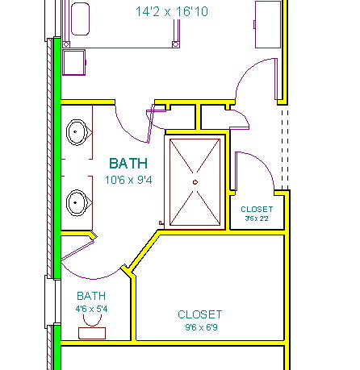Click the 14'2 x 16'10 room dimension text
pyautogui.click(x=172, y=11)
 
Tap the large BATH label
pyautogui.click(x=128, y=164)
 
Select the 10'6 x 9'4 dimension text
pyautogui.click(x=128, y=180)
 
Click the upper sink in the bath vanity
pyautogui.click(x=77, y=132)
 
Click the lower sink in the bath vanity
pyautogui.click(x=77, y=203)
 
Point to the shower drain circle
pyautogui.click(x=195, y=182)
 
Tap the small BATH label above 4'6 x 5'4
pyautogui.click(x=91, y=296)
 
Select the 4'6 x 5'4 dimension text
pyautogui.click(x=91, y=309)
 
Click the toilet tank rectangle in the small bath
pyautogui.click(x=92, y=333)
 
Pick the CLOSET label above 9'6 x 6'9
pyautogui.click(x=200, y=314)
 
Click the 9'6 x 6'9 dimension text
pyautogui.click(x=201, y=327)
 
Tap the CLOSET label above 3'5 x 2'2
pyautogui.click(x=257, y=209)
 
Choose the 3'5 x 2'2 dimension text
pyautogui.click(x=257, y=218)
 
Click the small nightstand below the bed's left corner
pyautogui.click(x=74, y=62)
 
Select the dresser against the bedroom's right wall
pyautogui.click(x=268, y=24)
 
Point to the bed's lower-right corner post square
pyautogui.click(x=176, y=44)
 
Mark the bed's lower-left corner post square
pyautogui.click(x=66, y=44)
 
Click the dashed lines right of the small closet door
pyautogui.click(x=285, y=149)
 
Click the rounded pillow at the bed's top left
pyautogui.click(x=80, y=19)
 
